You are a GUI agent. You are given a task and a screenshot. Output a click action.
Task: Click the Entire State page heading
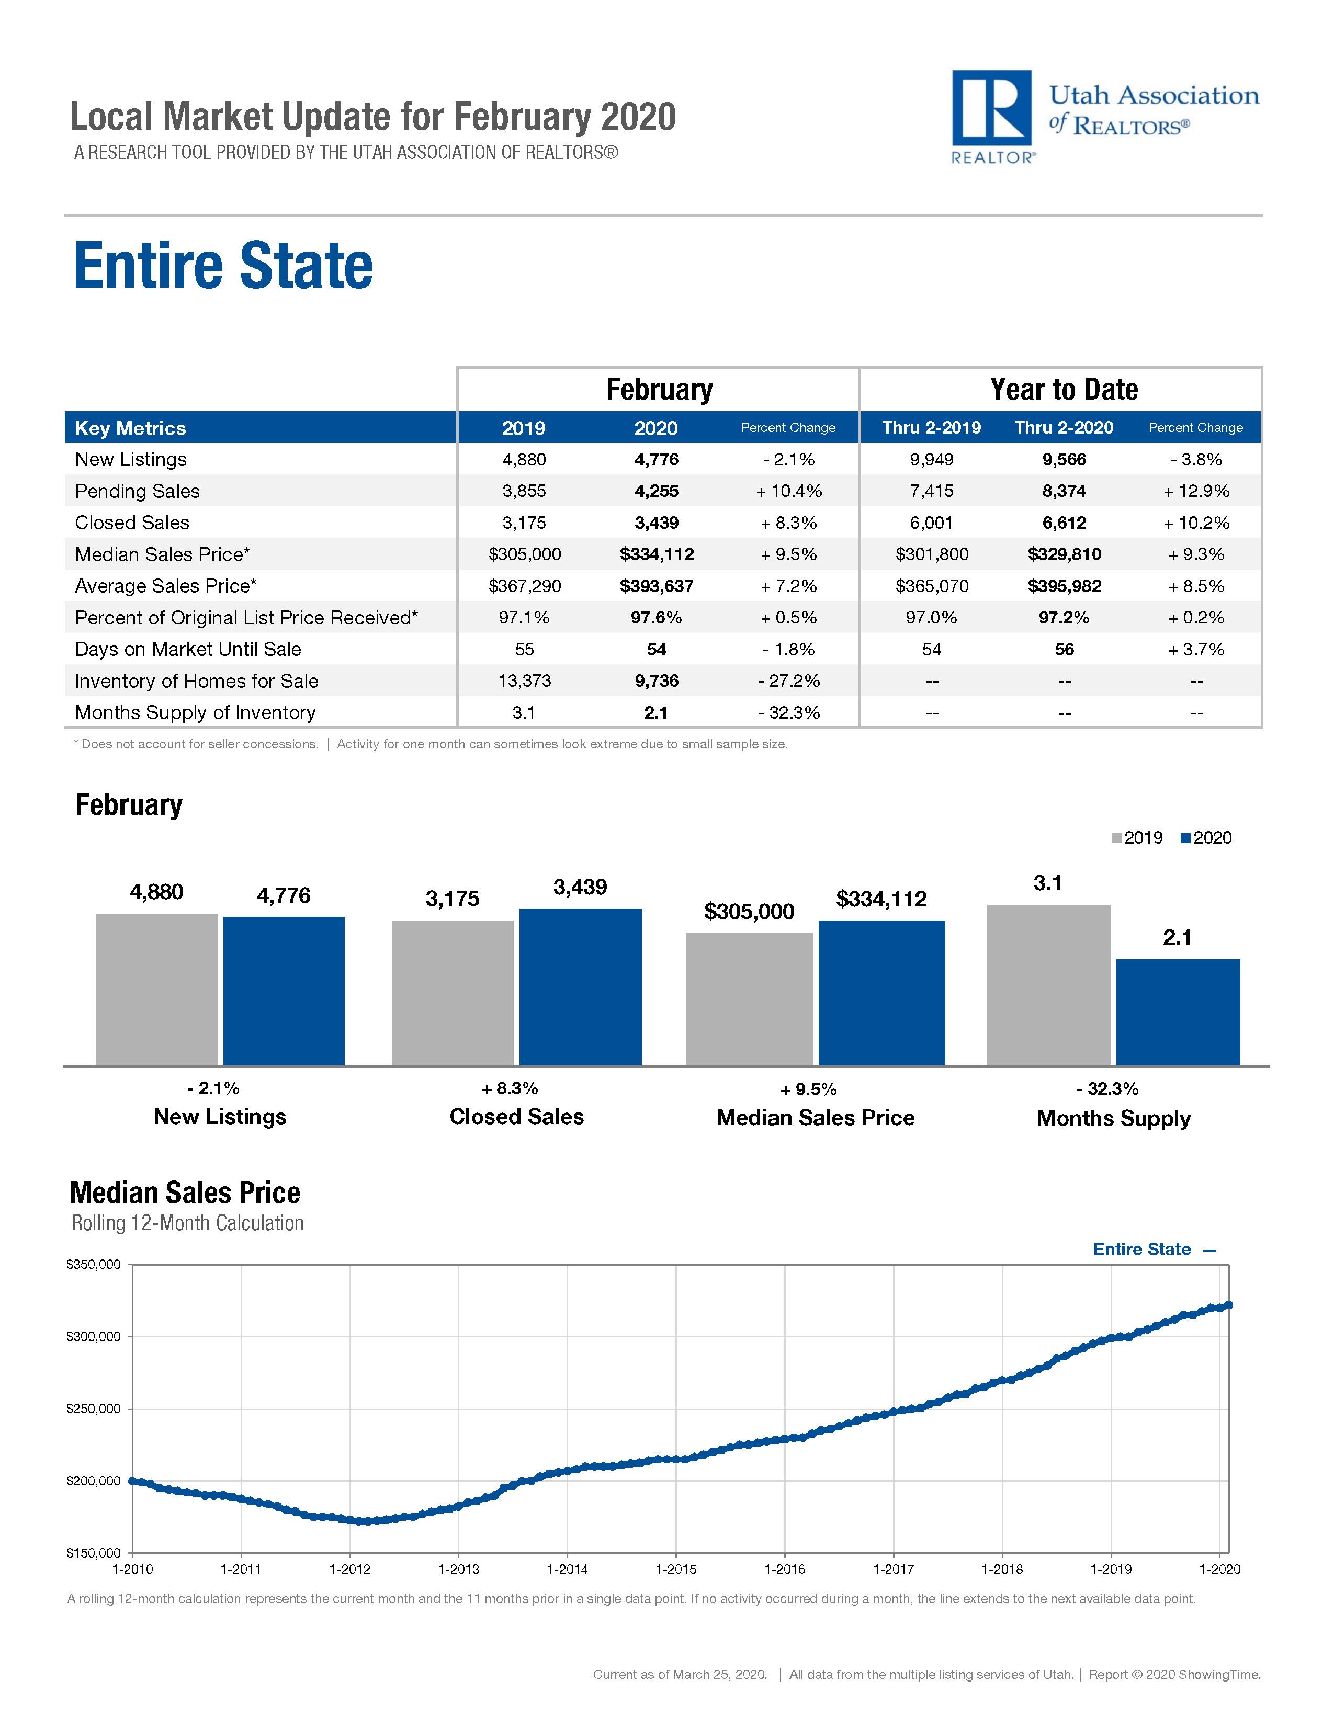click(224, 266)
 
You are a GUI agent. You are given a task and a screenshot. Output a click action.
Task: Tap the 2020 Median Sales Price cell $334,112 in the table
click(657, 555)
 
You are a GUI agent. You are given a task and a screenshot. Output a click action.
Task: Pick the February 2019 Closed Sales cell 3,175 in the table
click(524, 523)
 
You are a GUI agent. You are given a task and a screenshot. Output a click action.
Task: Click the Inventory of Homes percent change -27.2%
click(789, 681)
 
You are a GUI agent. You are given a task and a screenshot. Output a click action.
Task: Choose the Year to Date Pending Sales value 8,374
click(1064, 492)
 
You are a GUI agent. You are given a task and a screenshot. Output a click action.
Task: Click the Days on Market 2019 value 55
click(524, 650)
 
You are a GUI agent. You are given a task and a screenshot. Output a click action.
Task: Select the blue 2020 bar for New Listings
click(284, 991)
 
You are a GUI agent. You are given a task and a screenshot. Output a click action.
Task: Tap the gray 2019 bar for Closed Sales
click(452, 993)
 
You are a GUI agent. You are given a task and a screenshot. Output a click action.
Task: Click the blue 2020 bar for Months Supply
click(1178, 1013)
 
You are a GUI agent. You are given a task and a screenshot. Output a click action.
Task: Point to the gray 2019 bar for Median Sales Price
click(749, 999)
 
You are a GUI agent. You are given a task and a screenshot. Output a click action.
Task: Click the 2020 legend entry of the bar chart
click(1206, 838)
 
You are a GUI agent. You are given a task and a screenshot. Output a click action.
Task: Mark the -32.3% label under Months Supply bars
click(1112, 1089)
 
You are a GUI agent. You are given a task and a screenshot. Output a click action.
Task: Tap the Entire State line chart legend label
click(1142, 1250)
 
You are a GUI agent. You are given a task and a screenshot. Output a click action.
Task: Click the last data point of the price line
click(1228, 1305)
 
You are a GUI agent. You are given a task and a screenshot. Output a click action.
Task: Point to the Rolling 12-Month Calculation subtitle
click(188, 1223)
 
